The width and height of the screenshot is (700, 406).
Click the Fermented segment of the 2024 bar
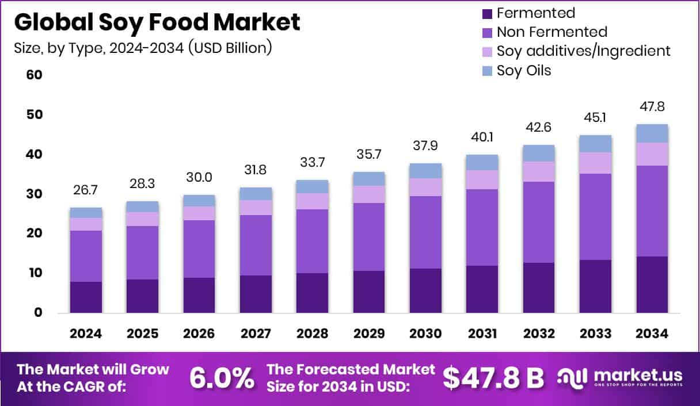(x=86, y=297)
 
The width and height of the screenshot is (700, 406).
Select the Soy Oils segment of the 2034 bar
(x=652, y=133)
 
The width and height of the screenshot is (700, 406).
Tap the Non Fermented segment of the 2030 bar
(x=426, y=232)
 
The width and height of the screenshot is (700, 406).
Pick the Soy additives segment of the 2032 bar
(x=539, y=171)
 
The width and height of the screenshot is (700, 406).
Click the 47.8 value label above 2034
(x=652, y=107)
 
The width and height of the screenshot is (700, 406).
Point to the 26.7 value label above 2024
(x=86, y=190)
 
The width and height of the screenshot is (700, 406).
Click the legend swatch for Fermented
(x=486, y=13)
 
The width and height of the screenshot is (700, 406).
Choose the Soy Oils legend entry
(x=523, y=70)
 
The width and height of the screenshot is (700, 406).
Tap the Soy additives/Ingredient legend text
(x=583, y=51)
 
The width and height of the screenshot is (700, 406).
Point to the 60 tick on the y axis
(x=34, y=75)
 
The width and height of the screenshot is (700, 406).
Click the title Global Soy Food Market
(x=157, y=22)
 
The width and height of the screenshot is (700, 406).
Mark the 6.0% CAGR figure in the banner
(x=222, y=378)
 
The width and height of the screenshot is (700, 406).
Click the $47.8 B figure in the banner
(x=493, y=378)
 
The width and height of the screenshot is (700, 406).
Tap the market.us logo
(x=619, y=378)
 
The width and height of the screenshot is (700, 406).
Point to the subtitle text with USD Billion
(x=143, y=48)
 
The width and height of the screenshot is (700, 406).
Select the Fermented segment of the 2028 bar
(x=313, y=293)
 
